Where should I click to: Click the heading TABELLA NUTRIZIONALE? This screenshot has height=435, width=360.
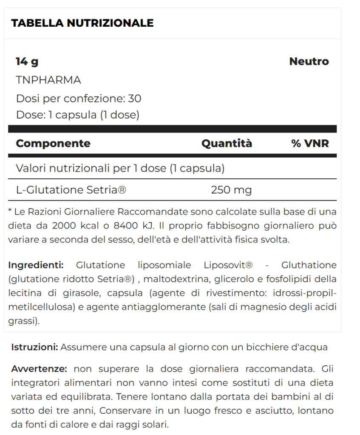(x=82, y=23)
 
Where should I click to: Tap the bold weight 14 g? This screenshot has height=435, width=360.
(x=27, y=62)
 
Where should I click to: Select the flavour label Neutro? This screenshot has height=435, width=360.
(x=309, y=62)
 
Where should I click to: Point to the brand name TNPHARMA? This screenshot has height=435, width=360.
(x=48, y=80)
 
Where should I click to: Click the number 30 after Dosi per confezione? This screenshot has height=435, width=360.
(x=135, y=99)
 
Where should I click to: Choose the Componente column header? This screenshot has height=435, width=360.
(x=53, y=144)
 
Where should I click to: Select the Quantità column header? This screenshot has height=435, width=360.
(x=227, y=144)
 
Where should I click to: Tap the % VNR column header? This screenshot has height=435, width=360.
(x=310, y=144)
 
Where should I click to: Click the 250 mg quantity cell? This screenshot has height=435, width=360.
(x=231, y=190)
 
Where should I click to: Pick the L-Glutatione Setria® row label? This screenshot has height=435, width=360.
(x=71, y=190)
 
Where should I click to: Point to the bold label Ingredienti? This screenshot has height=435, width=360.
(x=36, y=266)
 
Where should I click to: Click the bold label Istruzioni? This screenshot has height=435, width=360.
(x=35, y=347)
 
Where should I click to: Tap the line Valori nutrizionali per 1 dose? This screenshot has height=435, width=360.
(x=120, y=168)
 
